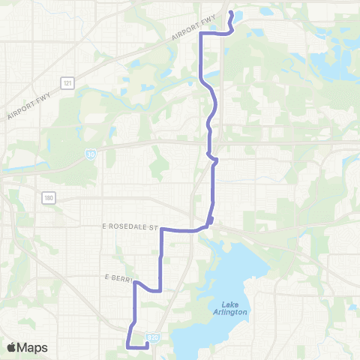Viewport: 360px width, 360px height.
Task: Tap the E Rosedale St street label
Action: (133, 226)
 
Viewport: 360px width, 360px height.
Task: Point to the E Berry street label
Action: (118, 277)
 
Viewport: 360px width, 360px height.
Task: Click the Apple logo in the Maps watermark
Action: (12, 347)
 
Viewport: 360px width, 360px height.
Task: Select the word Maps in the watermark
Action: (34, 347)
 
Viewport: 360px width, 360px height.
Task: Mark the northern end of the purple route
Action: (230, 13)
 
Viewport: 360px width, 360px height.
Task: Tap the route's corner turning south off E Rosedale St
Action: (163, 231)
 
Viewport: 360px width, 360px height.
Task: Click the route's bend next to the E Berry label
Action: (135, 283)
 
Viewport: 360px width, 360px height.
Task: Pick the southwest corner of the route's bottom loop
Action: (127, 346)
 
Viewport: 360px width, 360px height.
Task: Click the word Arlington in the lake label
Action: (229, 311)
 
